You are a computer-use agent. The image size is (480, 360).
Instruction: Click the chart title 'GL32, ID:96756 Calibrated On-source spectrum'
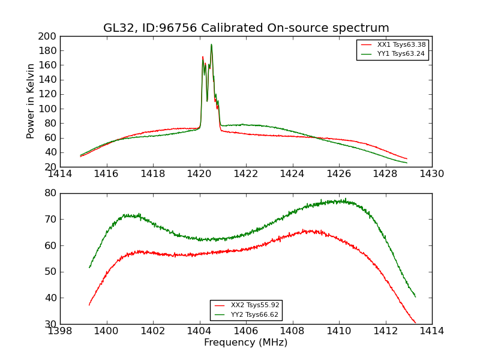[246, 28]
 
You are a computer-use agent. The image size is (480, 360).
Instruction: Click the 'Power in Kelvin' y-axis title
[31, 101]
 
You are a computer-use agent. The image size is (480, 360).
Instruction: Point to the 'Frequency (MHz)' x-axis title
[246, 343]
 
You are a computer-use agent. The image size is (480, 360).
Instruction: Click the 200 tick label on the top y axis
[47, 36]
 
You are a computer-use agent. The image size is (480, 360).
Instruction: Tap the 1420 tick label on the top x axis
[200, 174]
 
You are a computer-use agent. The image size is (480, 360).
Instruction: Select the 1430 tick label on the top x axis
[432, 174]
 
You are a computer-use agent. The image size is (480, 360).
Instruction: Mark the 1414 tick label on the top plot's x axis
[60, 174]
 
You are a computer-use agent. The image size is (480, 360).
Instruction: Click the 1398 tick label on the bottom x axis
[60, 331]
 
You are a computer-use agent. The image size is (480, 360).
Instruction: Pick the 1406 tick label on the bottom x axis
[246, 331]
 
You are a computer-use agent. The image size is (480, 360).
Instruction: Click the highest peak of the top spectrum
[211, 44]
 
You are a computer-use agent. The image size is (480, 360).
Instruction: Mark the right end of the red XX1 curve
[407, 159]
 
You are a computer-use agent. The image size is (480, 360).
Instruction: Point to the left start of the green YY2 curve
[89, 267]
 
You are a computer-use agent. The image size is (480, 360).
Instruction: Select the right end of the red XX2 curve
[415, 323]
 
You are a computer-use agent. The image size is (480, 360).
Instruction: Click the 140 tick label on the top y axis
[47, 80]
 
